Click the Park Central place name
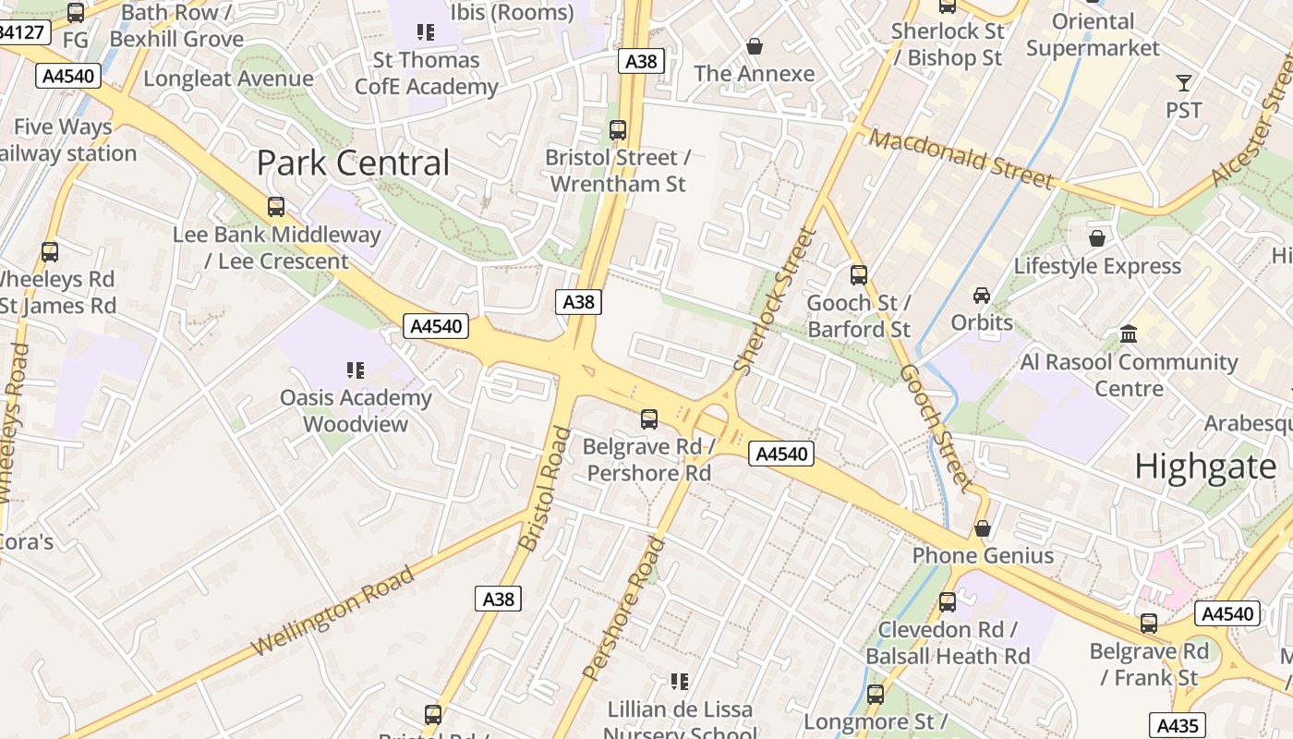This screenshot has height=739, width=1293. coord(353,164)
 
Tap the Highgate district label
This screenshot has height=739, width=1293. coord(1205,466)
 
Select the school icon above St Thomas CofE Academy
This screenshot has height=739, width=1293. coord(425,32)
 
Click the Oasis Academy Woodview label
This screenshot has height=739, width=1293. coord(356,411)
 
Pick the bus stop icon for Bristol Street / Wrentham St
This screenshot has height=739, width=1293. coord(618,130)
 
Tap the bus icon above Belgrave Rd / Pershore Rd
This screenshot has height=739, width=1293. coord(649,419)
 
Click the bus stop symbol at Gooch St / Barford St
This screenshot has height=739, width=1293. coord(859,274)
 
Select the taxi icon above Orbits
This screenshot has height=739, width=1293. coord(982,295)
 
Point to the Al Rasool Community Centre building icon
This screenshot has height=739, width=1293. coord(1129,333)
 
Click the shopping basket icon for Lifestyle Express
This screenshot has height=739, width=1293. coord(1097,238)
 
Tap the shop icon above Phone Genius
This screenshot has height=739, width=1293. coord(983,528)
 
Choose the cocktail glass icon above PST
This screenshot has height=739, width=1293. coord(1184,83)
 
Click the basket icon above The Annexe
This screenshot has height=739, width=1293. coord(755,45)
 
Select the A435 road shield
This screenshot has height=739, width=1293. coord(1177,725)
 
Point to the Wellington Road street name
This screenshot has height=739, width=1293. coord(332,612)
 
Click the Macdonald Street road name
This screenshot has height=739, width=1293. coord(961,159)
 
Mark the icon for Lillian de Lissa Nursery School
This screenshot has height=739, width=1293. coord(680,682)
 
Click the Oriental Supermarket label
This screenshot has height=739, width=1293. coord(1093,34)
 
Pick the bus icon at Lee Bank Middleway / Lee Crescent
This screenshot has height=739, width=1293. coord(276,207)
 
